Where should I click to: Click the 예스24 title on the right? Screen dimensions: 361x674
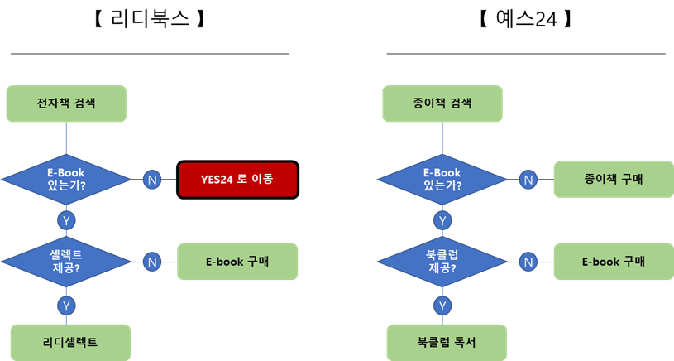[525, 18]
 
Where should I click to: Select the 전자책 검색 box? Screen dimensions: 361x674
[66, 103]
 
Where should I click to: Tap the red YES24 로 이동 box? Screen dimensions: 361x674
[237, 179]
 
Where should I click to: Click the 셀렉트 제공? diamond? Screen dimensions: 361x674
[66, 262]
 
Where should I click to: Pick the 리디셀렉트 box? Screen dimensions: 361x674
[70, 342]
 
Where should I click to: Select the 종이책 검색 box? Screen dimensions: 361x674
[442, 103]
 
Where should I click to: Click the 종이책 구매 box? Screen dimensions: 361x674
[613, 179]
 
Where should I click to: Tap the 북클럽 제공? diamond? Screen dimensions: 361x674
[442, 262]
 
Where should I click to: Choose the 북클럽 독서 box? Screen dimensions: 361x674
[447, 342]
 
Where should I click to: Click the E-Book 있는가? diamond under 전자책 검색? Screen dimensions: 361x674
[66, 179]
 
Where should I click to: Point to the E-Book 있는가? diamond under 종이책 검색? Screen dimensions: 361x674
[442, 179]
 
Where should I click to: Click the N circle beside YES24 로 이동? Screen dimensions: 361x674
[151, 179]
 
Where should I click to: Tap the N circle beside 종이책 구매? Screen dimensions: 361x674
[528, 179]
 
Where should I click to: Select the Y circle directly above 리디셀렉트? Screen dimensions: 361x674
[67, 305]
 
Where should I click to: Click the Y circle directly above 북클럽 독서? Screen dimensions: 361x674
[443, 305]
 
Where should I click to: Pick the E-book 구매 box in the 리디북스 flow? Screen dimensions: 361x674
[237, 262]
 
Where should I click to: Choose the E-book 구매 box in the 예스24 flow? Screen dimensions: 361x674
[613, 262]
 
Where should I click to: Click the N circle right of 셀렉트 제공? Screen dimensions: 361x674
[151, 262]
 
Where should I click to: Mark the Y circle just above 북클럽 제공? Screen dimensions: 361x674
[443, 220]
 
